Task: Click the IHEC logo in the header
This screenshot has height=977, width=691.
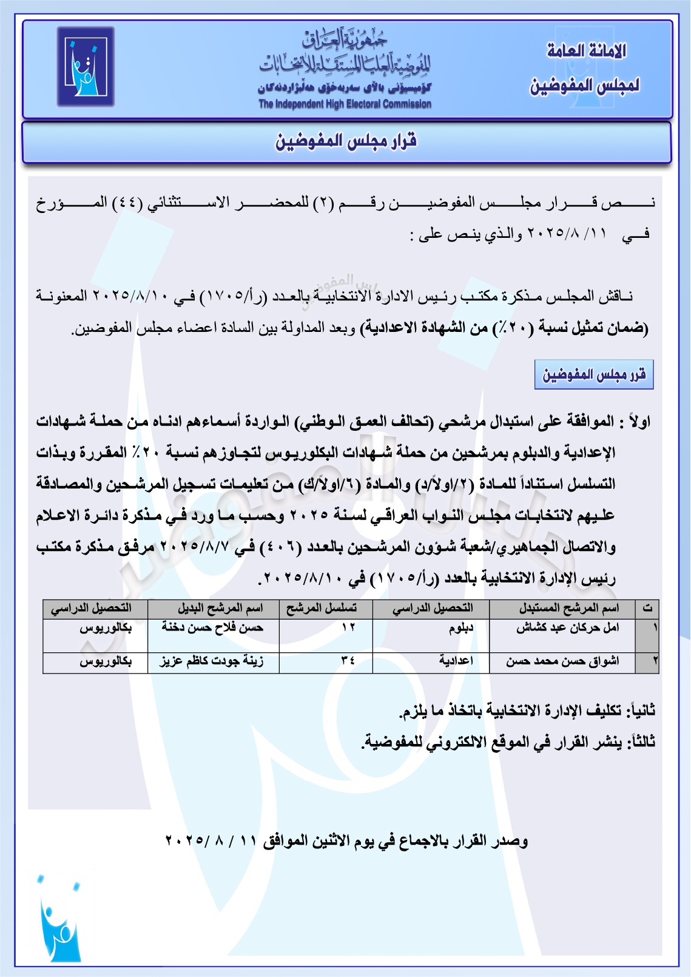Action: pos(86,67)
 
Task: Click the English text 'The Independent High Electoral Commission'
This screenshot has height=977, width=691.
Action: pos(345,104)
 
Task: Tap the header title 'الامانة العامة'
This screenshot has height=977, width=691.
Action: pos(586,51)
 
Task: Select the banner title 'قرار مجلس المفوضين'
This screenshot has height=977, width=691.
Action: pos(346,141)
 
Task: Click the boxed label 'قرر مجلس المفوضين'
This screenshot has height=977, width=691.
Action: pos(594,374)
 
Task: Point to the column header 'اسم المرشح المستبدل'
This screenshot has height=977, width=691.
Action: pos(568,608)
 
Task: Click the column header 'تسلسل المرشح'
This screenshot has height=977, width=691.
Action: pos(322,608)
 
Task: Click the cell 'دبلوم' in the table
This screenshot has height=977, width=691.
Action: pos(460,627)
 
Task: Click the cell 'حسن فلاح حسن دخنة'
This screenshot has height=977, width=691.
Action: pos(212,627)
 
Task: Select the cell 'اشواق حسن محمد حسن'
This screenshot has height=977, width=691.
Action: pos(562,661)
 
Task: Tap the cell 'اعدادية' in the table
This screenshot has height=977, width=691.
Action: pos(456,661)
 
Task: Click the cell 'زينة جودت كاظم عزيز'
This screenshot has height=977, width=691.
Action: pos(211,661)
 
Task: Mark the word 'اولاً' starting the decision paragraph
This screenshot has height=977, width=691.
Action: pos(638,421)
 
